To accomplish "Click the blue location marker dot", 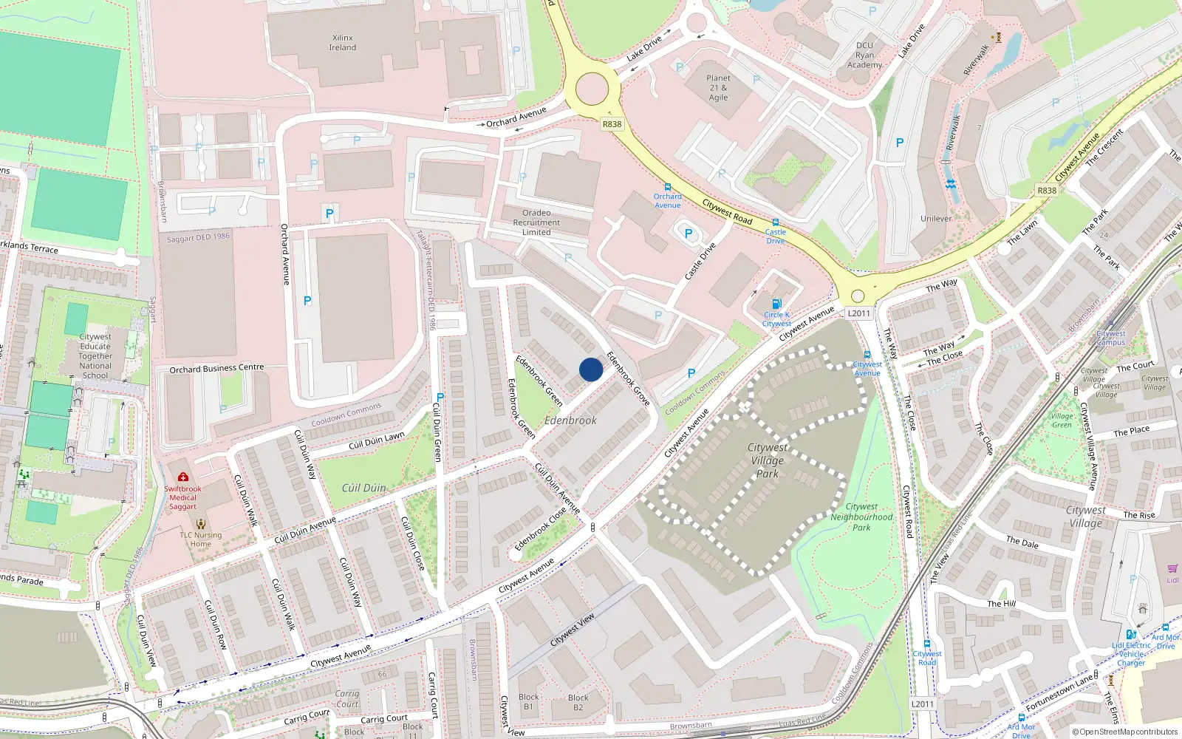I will (x=591, y=369).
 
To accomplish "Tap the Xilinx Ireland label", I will (x=343, y=43).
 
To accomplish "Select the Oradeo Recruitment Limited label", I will (x=536, y=222).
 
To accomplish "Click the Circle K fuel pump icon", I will (x=776, y=304).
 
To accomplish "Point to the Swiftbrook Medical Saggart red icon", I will (x=183, y=477).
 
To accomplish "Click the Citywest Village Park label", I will (x=768, y=460).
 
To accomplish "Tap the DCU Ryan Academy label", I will (x=864, y=55).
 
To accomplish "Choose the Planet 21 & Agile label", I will (x=718, y=88).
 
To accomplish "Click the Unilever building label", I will (x=936, y=219).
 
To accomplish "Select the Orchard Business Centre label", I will (x=216, y=368).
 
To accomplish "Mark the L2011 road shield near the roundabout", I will (x=858, y=313).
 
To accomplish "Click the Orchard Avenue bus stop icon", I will (x=668, y=187).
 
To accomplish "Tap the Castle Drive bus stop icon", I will (x=776, y=222).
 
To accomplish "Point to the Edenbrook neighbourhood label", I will (x=570, y=420).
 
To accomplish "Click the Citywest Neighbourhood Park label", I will (x=861, y=517).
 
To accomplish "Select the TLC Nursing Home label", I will (x=200, y=539).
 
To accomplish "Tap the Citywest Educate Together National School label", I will (x=95, y=356).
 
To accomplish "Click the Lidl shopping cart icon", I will (x=1172, y=568).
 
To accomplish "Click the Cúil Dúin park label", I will (x=363, y=488).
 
